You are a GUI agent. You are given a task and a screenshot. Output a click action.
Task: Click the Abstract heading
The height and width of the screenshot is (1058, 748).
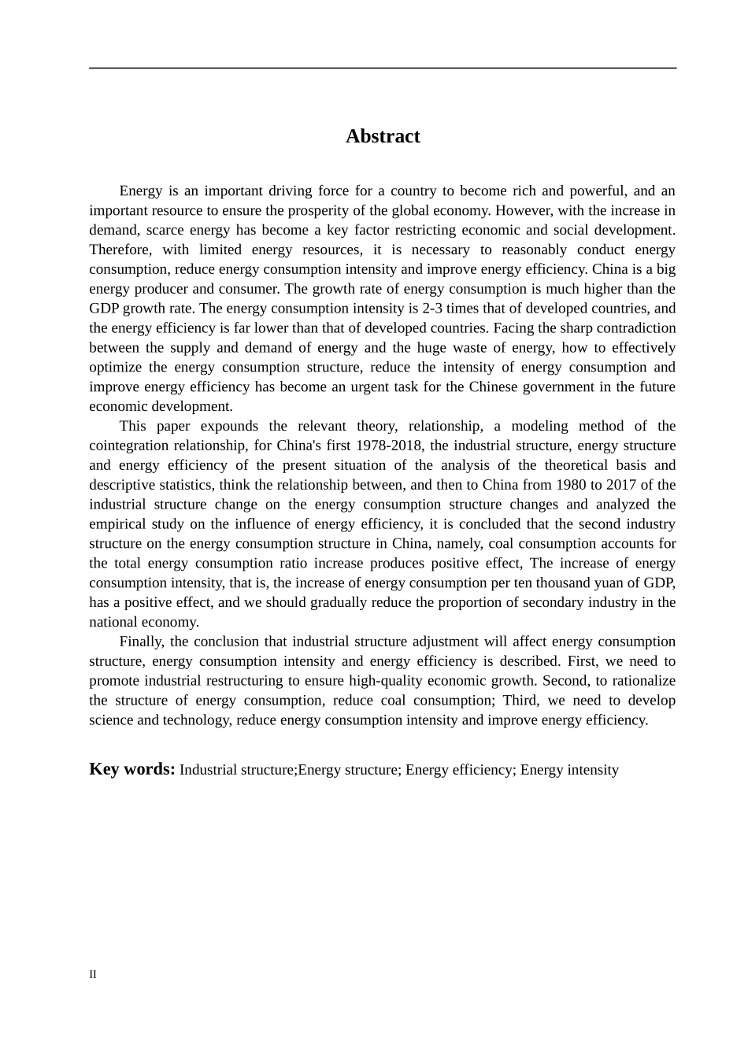pos(383,136)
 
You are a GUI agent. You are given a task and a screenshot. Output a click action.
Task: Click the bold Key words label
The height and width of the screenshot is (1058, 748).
pos(131,769)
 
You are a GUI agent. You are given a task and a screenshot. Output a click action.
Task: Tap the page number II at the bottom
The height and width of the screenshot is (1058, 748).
pos(93,975)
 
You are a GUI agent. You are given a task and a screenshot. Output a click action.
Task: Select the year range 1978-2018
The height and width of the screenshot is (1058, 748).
pos(386,446)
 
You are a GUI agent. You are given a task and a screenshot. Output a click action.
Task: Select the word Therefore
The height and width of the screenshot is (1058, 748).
pos(120,250)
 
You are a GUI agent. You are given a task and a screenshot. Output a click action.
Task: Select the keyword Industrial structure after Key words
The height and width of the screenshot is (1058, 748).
pos(236,770)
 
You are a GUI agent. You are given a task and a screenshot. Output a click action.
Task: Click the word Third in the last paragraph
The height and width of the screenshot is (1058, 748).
pos(519,701)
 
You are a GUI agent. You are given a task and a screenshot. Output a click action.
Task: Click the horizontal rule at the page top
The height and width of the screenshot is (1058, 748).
pos(383,68)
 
